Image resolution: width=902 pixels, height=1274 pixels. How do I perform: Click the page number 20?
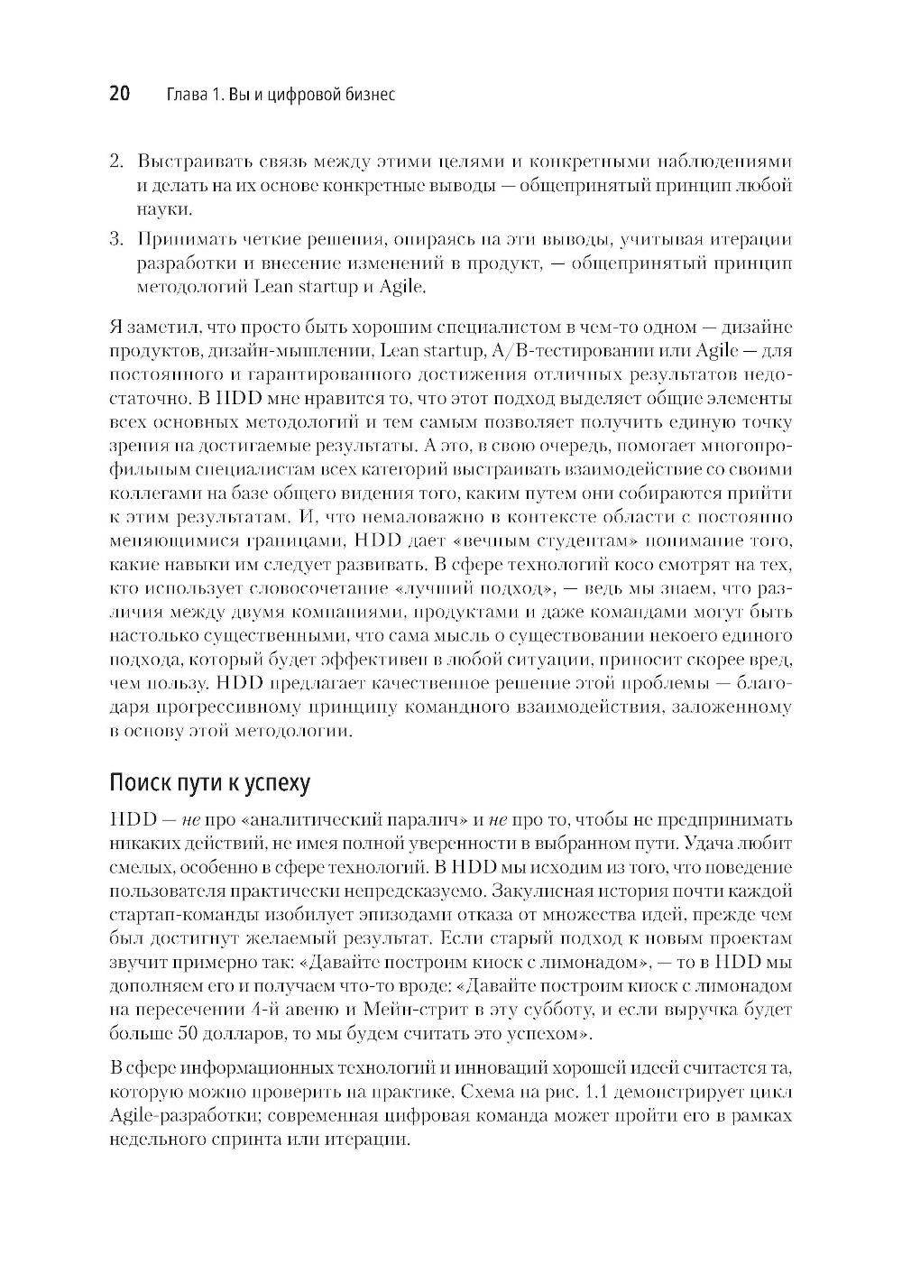point(120,94)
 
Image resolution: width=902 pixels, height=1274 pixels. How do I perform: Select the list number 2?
point(115,162)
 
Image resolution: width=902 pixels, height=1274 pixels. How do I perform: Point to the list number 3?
point(115,240)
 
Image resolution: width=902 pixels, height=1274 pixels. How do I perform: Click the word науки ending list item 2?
point(163,210)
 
